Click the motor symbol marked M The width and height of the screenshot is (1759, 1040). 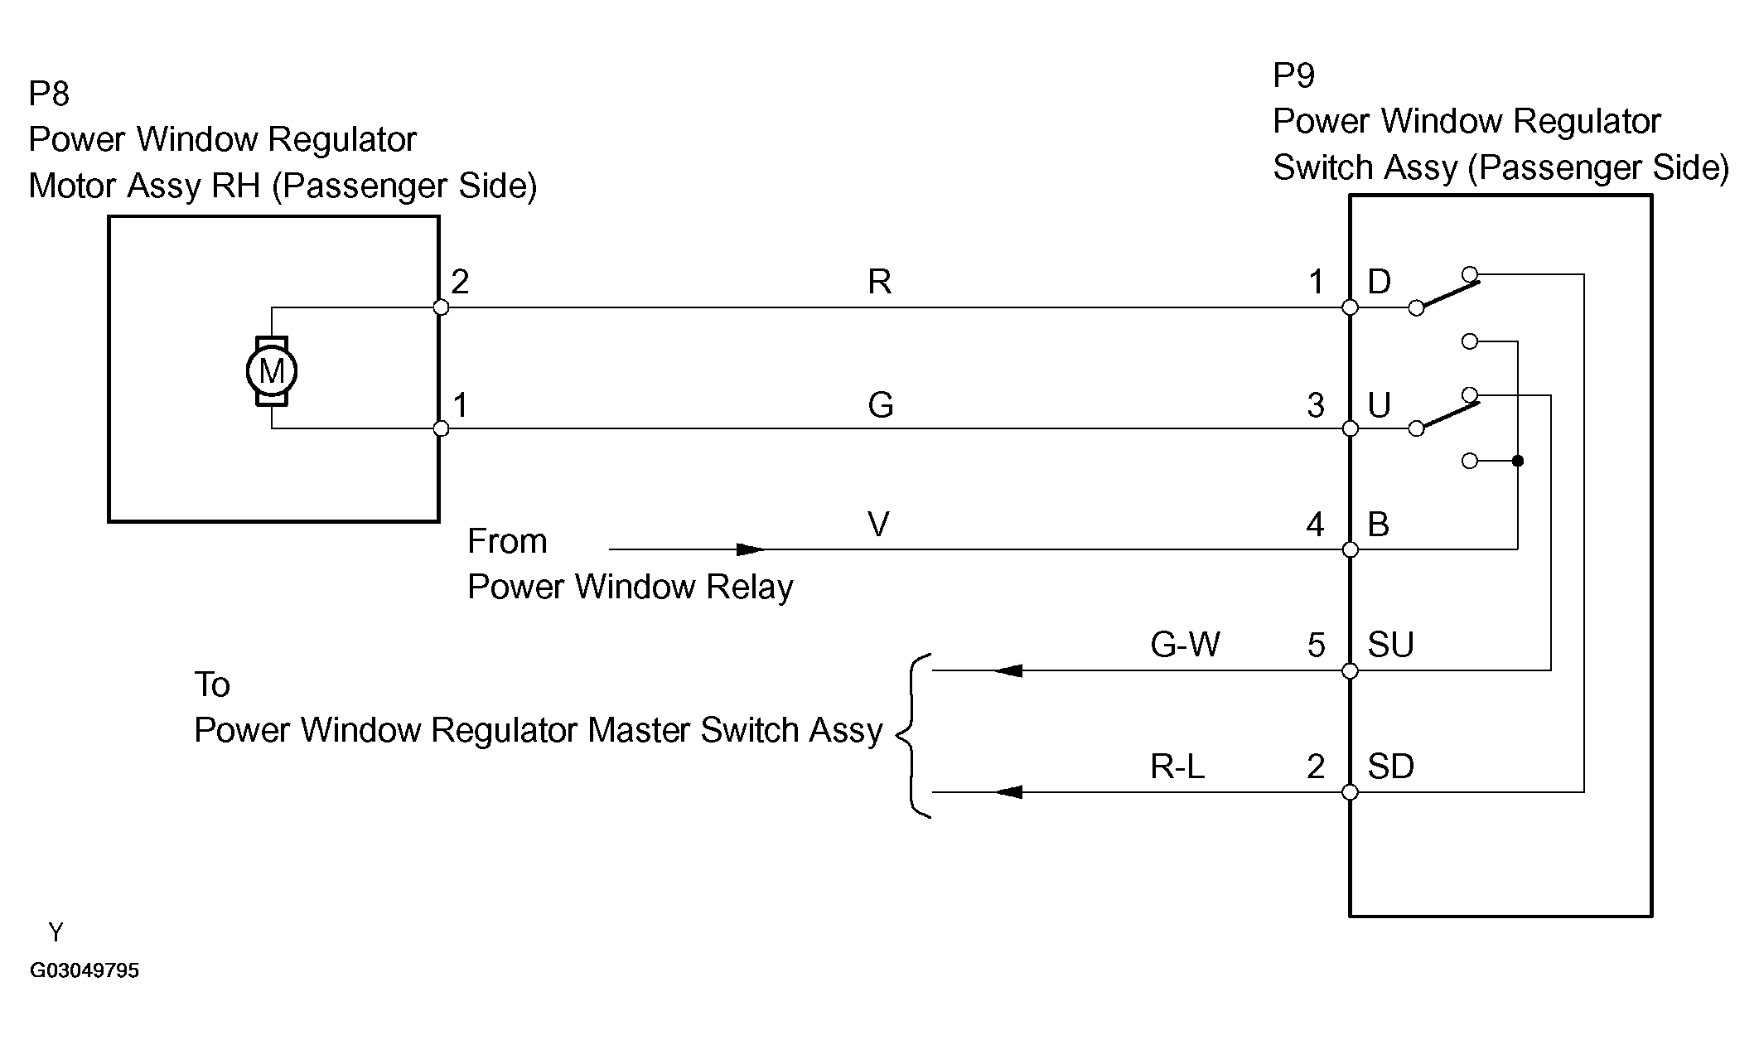coord(272,370)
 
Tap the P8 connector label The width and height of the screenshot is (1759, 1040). coord(49,94)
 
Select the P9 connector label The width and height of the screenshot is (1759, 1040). coord(1293,75)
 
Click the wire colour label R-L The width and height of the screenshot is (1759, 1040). coord(1177,767)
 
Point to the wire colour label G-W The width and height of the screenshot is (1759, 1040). coord(1185,645)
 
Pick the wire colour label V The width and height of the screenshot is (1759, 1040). coord(878,524)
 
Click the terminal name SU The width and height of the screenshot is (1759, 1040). coord(1390,645)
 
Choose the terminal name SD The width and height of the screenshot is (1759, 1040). coord(1390,767)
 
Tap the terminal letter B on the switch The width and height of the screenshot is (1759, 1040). coord(1379,524)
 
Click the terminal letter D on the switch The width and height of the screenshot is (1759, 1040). coord(1379,282)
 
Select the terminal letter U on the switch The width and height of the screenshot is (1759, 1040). coord(1379,405)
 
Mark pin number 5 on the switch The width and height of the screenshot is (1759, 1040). coord(1316,645)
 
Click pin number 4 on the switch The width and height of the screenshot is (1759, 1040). coord(1315,524)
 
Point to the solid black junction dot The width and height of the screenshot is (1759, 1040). coord(1517,461)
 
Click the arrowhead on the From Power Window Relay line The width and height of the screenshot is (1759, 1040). coord(750,549)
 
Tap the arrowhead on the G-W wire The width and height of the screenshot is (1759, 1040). coord(1008,670)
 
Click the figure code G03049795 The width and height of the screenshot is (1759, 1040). coord(85,970)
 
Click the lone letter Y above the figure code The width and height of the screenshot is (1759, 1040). coord(56,932)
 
